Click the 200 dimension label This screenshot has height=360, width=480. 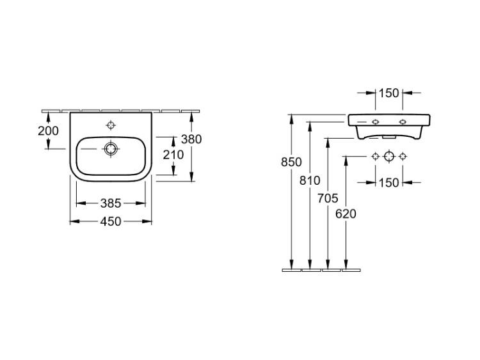[48, 131]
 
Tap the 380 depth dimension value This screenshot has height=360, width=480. [191, 139]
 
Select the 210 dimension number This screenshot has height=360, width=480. [173, 155]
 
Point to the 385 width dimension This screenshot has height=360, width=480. [111, 203]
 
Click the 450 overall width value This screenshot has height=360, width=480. [111, 221]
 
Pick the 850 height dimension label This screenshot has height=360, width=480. [291, 162]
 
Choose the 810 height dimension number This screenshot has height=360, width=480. [310, 181]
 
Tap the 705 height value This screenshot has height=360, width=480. [328, 198]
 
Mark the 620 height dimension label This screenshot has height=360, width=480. [346, 214]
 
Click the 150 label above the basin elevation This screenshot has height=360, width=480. [389, 93]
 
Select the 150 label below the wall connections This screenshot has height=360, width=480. [389, 183]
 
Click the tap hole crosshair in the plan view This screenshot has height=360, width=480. [111, 125]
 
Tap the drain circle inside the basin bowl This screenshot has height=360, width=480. [111, 149]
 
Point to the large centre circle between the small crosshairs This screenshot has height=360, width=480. [389, 156]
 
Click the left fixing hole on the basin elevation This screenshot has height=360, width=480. [376, 122]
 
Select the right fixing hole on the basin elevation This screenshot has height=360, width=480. [403, 122]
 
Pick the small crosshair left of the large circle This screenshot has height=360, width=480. [376, 156]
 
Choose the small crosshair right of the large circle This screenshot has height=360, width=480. [403, 156]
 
